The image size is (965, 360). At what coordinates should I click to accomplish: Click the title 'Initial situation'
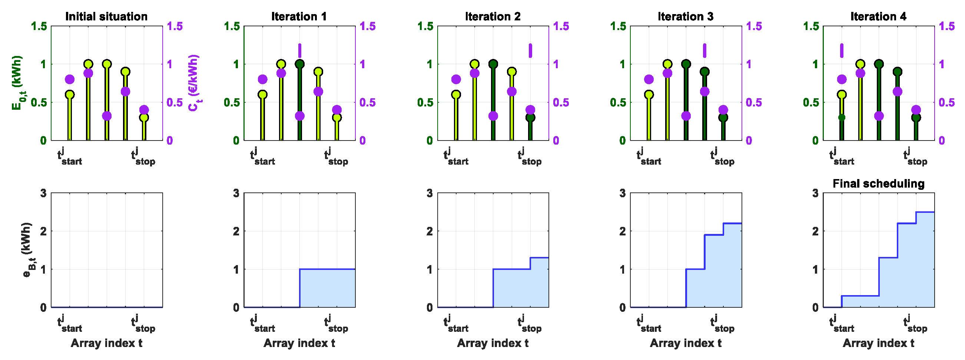[x=106, y=16]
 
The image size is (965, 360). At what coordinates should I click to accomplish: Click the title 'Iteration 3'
[x=686, y=16]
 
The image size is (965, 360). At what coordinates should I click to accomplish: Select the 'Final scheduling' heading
[x=878, y=184]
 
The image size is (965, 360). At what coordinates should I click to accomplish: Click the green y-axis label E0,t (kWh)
[x=17, y=83]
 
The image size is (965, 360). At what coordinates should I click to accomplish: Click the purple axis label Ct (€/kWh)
[x=194, y=83]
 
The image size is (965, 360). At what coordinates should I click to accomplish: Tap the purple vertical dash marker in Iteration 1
[x=300, y=50]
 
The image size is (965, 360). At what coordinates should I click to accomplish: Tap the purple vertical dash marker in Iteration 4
[x=842, y=50]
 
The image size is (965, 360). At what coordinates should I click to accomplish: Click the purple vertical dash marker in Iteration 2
[x=530, y=50]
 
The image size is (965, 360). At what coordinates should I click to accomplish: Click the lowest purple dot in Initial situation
[x=107, y=116]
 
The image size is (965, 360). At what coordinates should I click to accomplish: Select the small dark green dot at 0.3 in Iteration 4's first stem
[x=842, y=117]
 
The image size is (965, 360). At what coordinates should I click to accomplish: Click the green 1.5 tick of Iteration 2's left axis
[x=425, y=26]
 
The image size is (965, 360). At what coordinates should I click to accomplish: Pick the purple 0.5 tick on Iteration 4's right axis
[x=946, y=102]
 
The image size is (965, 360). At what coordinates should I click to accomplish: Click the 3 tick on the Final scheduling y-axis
[x=816, y=193]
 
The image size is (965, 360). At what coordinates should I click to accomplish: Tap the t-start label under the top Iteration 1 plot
[x=262, y=156]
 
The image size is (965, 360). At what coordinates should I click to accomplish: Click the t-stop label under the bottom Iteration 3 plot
[x=722, y=324]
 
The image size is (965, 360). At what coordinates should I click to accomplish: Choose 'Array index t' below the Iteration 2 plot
[x=493, y=343]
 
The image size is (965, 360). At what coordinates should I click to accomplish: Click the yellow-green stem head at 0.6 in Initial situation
[x=70, y=95]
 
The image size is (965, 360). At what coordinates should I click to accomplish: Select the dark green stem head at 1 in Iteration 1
[x=300, y=64]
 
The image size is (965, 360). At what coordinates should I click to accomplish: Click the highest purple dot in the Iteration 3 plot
[x=667, y=73]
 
